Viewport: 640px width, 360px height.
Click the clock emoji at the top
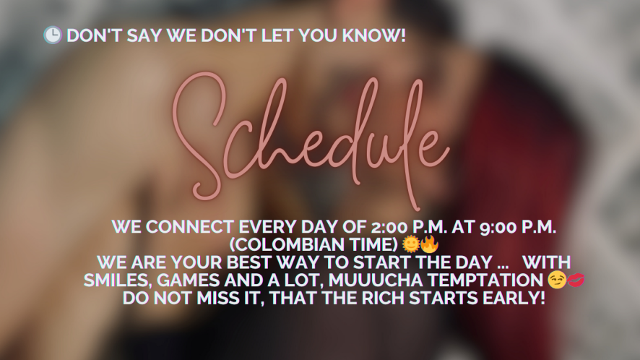click(x=53, y=35)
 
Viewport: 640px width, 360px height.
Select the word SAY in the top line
click(x=144, y=35)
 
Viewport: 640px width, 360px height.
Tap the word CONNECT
click(x=190, y=227)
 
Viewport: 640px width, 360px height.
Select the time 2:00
click(x=390, y=227)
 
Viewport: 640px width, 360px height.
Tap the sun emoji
click(x=410, y=244)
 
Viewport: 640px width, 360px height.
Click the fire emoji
click(x=429, y=244)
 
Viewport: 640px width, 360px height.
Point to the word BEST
click(x=251, y=262)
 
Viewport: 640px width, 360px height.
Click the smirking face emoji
click(x=557, y=280)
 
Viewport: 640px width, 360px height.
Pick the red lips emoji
click(x=576, y=280)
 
